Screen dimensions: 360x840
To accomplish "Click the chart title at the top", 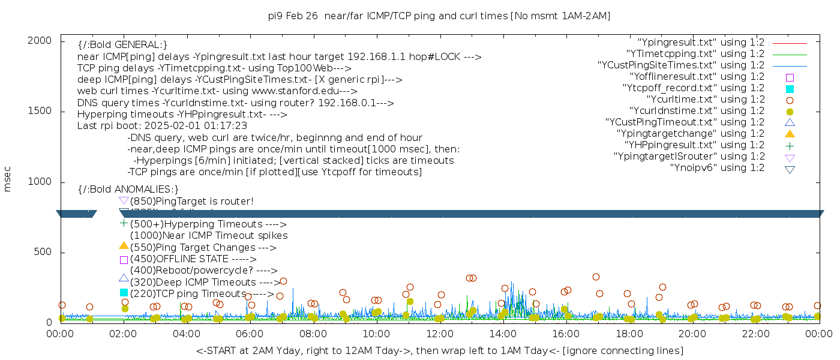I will (439, 16).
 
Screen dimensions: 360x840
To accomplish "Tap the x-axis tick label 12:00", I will (440, 333).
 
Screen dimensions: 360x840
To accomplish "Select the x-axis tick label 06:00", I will (250, 333).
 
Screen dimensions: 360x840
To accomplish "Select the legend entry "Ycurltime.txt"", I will (705, 99).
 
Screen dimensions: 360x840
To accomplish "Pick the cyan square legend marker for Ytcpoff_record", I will (790, 89).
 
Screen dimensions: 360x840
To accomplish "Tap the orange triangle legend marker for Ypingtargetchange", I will (790, 133).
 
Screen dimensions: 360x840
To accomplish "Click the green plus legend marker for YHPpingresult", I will (790, 145).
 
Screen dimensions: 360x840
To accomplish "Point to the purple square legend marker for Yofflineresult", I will (790, 77).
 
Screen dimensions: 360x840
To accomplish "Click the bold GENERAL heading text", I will (122, 45).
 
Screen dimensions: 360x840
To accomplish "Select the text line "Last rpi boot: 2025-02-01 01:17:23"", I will (162, 126).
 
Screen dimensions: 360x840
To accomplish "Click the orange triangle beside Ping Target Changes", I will (124, 245).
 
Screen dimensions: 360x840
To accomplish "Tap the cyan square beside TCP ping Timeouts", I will (124, 293).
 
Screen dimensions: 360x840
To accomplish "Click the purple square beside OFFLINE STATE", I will (124, 260).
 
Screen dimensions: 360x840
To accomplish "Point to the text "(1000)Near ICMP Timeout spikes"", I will (208, 236).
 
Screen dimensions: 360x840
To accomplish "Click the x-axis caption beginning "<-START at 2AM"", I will (439, 350).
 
